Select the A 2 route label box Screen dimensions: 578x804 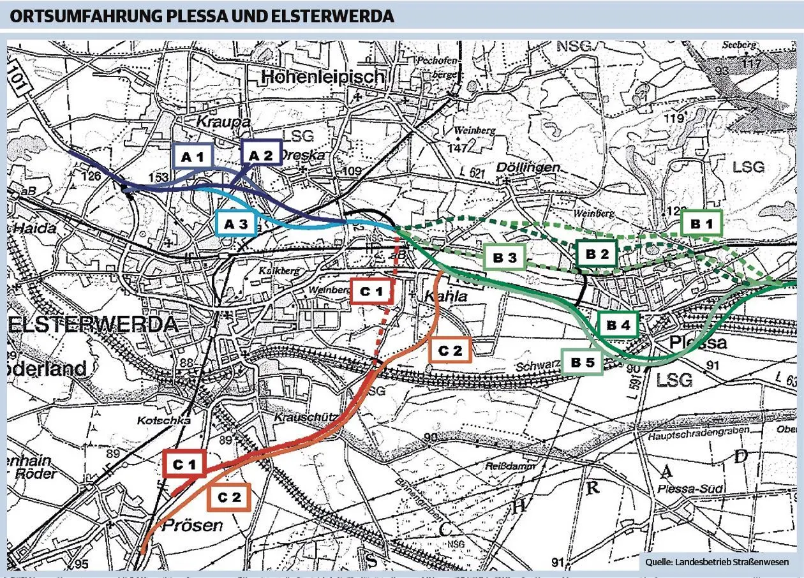point(260,155)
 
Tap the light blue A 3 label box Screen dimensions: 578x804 point(236,223)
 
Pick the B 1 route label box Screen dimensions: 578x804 point(701,223)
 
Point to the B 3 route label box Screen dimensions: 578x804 point(504,258)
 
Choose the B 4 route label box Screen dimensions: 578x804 point(618,325)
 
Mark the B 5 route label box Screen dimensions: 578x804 point(582,362)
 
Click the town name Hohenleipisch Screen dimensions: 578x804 point(324,77)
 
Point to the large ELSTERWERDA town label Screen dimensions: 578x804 point(93,324)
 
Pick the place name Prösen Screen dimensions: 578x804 point(192,525)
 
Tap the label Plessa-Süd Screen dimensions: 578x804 point(691,489)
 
